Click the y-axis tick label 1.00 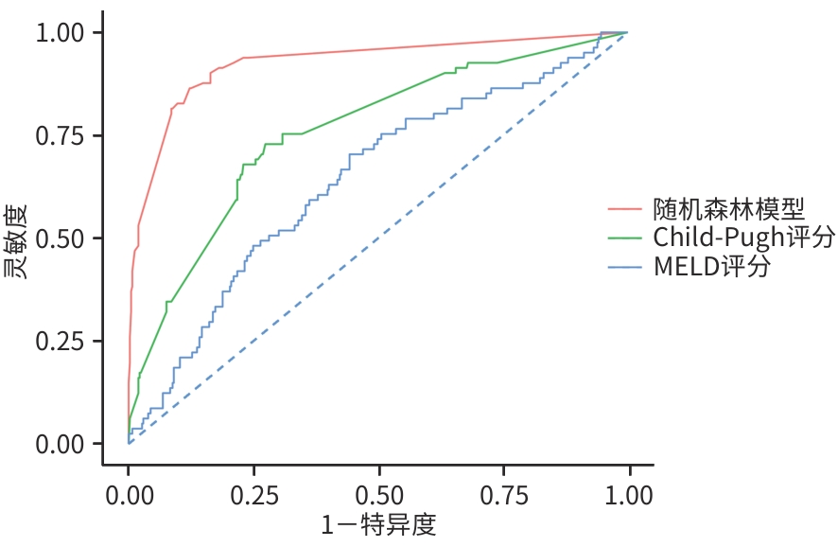[61, 33]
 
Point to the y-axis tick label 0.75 [61, 135]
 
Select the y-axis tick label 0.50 [61, 238]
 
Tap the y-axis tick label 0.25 [61, 341]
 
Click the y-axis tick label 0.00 [61, 443]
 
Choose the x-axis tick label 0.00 [129, 496]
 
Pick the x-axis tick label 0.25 [253, 496]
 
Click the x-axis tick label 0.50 [378, 496]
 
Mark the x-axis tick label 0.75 [503, 496]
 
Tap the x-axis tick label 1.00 [627, 496]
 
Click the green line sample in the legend [625, 237]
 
